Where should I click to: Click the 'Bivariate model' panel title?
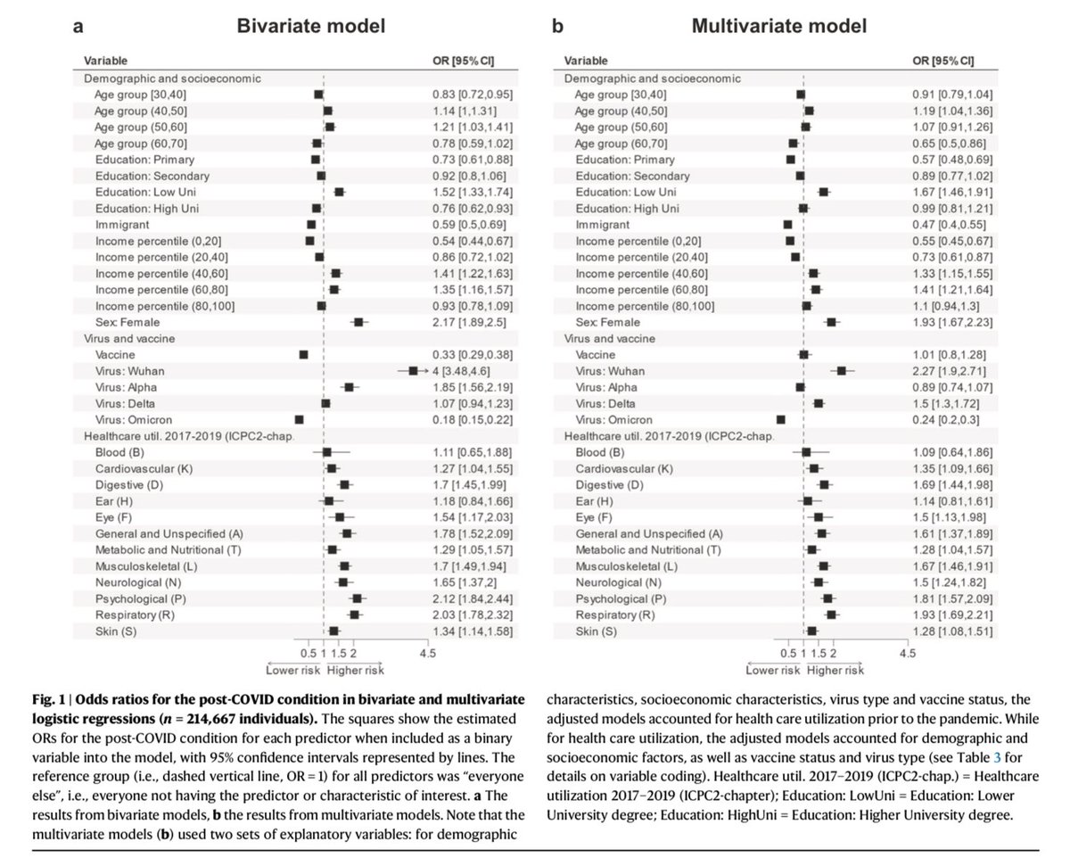(310, 26)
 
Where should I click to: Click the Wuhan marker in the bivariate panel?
(413, 370)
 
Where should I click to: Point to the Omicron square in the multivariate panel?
(781, 419)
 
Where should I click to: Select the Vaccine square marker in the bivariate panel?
(303, 354)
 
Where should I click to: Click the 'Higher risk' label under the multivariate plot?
(835, 670)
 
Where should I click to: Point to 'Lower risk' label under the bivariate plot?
(293, 670)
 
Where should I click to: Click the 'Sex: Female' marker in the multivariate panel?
(831, 322)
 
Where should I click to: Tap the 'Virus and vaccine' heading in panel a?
(128, 338)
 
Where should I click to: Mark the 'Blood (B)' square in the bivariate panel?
(327, 452)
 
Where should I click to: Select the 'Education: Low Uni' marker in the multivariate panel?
(823, 192)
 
